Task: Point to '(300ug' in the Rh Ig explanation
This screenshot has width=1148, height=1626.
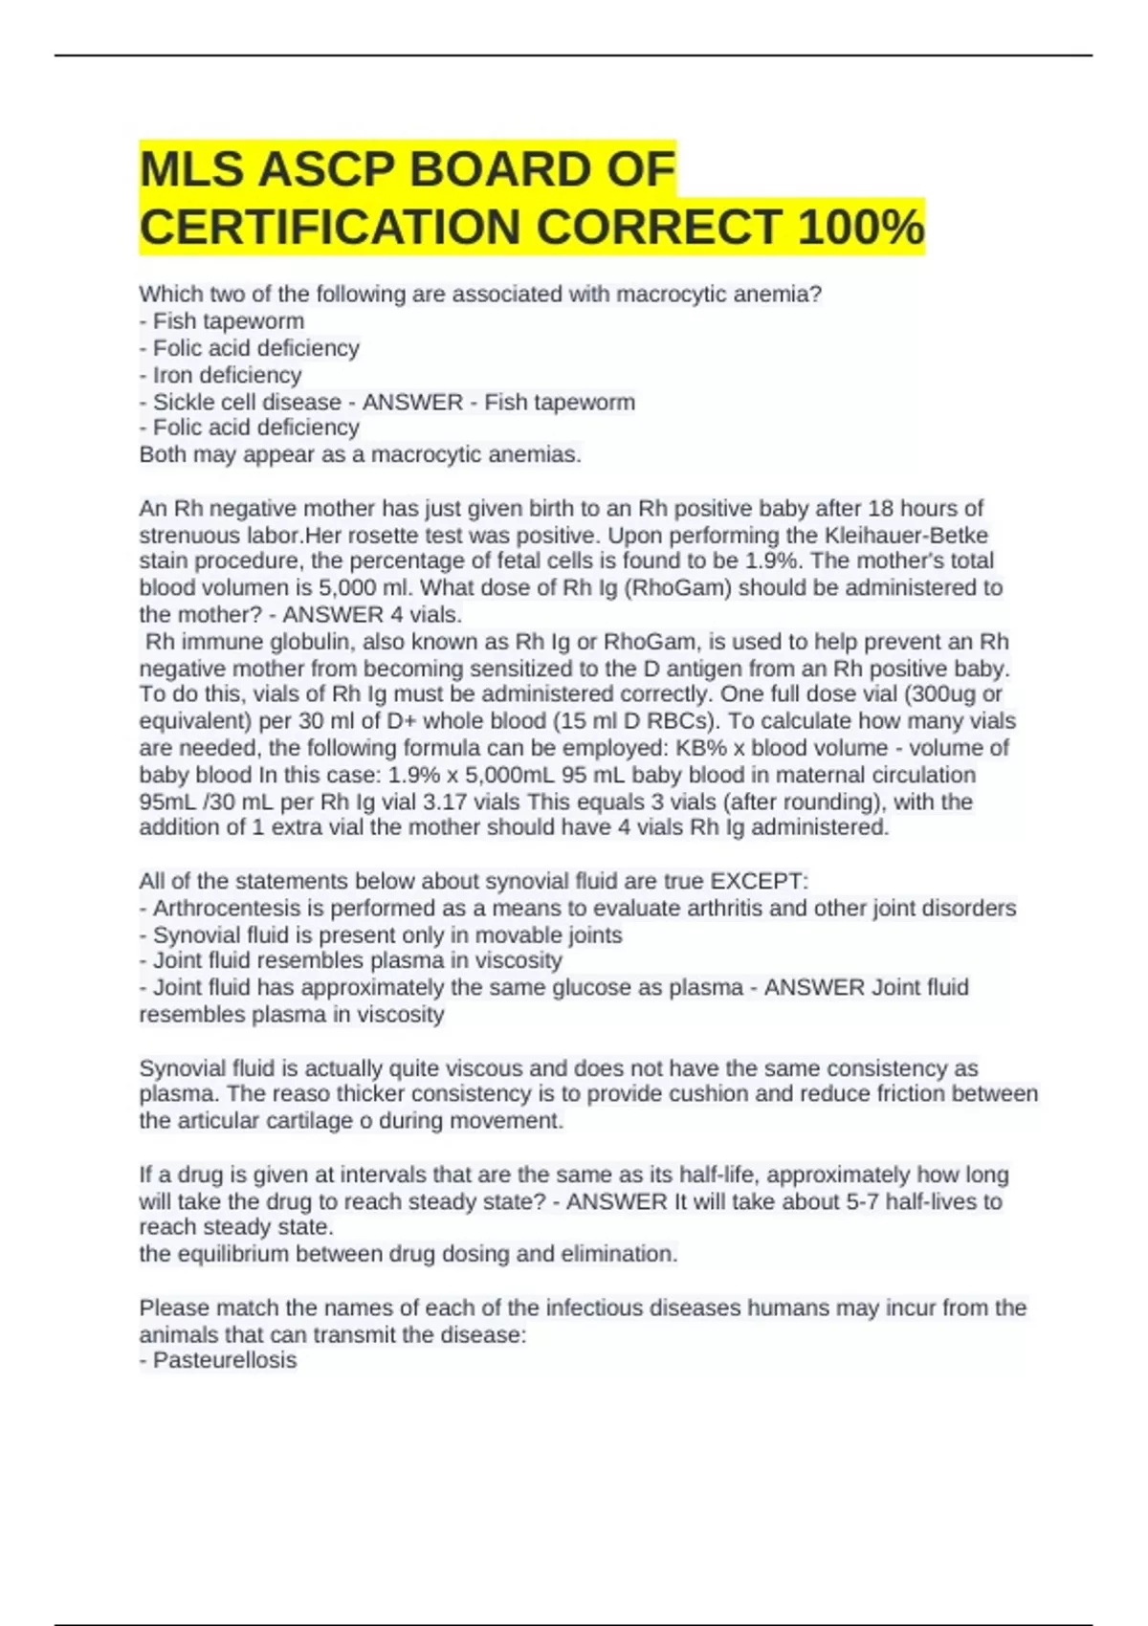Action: (x=944, y=693)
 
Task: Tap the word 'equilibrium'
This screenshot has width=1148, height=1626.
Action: (x=232, y=1254)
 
